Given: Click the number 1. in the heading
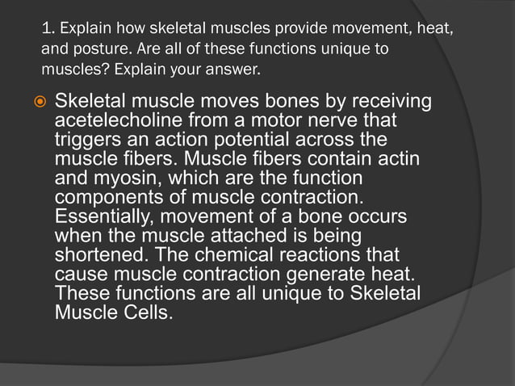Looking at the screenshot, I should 48,31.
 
